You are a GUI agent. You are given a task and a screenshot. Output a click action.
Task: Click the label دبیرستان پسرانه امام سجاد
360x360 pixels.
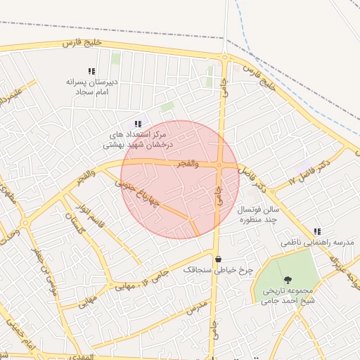click(90, 87)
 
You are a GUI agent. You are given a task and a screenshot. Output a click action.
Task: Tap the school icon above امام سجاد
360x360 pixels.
click(91, 71)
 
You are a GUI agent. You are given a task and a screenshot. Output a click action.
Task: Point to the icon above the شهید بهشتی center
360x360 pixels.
click(138, 124)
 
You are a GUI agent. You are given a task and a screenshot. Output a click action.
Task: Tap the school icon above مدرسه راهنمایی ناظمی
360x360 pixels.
click(318, 231)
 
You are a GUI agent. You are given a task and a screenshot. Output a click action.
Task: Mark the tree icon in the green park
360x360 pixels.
click(288, 280)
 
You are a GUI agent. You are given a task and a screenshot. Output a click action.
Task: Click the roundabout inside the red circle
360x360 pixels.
click(220, 166)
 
